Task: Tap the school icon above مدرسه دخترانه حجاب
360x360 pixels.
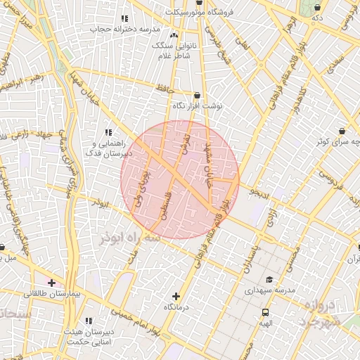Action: tap(124, 18)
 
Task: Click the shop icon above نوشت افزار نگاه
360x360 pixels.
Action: tap(196, 95)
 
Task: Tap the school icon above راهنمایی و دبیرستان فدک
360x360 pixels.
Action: tap(108, 131)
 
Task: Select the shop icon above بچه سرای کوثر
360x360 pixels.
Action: tap(342, 131)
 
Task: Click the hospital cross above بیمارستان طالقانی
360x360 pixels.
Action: tap(51, 282)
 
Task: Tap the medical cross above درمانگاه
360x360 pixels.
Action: tap(176, 297)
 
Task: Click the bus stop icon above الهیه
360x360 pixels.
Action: tap(265, 312)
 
